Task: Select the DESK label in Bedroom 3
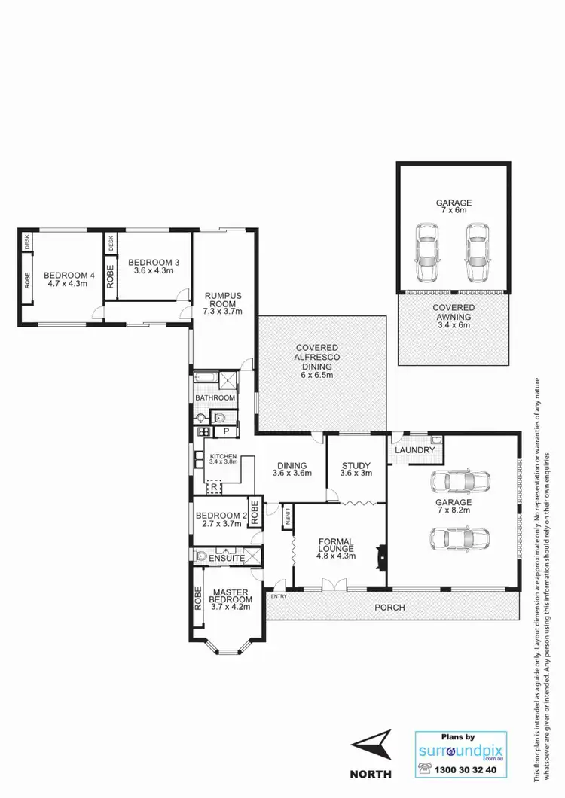point(111,243)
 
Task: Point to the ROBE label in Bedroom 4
point(28,281)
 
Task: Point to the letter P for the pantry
point(226,431)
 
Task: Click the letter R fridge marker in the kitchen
point(215,488)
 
